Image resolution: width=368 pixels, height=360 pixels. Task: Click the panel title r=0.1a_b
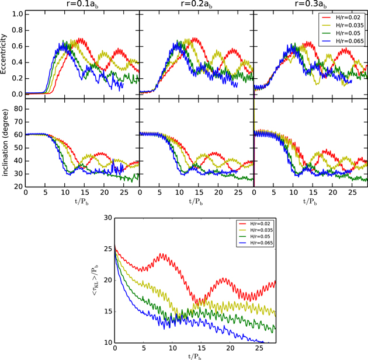click(82, 5)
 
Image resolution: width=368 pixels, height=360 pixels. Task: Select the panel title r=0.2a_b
click(196, 5)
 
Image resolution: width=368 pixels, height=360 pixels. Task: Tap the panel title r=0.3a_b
click(310, 5)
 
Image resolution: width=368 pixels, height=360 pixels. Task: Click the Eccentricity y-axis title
click(5, 54)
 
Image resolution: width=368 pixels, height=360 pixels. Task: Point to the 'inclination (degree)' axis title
click(5, 143)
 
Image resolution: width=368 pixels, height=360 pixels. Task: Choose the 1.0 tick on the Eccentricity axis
click(18, 13)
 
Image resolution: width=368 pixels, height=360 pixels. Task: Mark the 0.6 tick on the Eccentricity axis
click(18, 46)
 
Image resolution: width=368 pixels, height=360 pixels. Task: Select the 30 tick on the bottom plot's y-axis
click(106, 217)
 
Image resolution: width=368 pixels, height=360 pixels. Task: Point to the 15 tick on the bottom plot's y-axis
click(106, 311)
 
